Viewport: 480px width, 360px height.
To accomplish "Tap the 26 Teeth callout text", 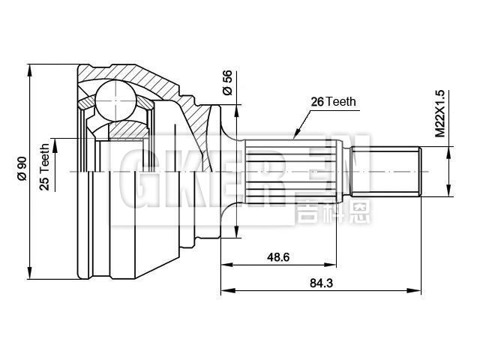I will pyautogui.click(x=334, y=102).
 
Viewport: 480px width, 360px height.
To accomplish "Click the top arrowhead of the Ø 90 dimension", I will pyautogui.click(x=29, y=70).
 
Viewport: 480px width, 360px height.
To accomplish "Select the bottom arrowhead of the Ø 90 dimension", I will pyautogui.click(x=29, y=272).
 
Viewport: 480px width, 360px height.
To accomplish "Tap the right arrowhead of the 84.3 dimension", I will pyautogui.click(x=418, y=290).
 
